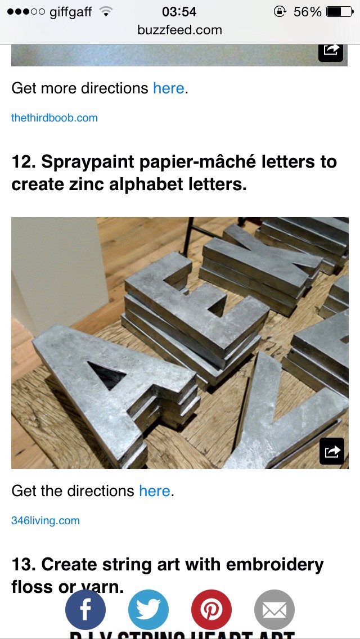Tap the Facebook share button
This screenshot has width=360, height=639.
pos(85,609)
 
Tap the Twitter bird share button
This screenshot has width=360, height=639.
pos(148,609)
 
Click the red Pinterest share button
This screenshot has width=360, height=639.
pos(211,609)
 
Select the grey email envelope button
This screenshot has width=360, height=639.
pos(274,609)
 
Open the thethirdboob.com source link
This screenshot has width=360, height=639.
pos(55,118)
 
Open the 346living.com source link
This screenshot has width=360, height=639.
pos(46,520)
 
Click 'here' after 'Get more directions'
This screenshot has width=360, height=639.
pos(168,88)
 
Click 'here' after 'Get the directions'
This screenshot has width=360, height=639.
pos(154,491)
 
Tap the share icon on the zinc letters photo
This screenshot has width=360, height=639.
pos(331,451)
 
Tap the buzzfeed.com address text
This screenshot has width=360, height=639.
pos(179,30)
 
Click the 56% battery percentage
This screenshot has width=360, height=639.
pos(308,11)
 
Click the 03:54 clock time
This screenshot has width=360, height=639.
pos(179,11)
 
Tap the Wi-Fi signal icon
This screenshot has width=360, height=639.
pos(105,11)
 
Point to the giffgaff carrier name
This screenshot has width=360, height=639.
pos(70,11)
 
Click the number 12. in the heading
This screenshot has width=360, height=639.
pos(24,162)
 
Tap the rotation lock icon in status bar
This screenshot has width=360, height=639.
pos(280,11)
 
